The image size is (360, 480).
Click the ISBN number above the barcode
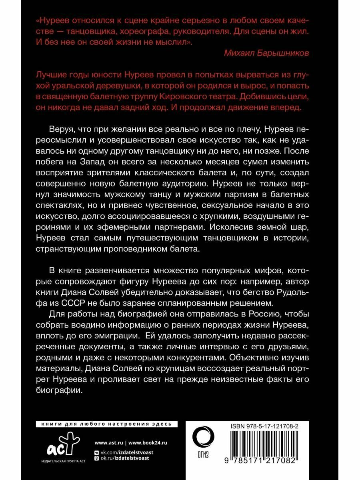coord(264,427)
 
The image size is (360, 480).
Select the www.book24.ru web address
coord(148,443)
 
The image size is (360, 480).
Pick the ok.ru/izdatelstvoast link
coord(124,458)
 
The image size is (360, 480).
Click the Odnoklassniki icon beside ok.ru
coord(96,458)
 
